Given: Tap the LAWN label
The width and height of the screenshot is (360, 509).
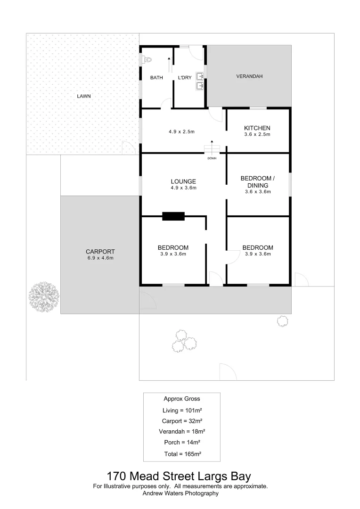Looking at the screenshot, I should (x=84, y=96).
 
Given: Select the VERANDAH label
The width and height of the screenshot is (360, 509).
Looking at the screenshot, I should (x=249, y=76).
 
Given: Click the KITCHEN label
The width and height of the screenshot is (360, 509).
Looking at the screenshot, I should (x=257, y=128).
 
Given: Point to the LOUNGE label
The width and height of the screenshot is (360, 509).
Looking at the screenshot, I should (x=183, y=181).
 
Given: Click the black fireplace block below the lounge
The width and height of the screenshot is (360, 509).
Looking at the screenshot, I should (x=173, y=216).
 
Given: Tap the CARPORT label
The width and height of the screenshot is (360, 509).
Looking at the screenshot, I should (x=100, y=252).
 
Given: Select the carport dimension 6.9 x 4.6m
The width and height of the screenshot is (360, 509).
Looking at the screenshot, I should (x=100, y=258).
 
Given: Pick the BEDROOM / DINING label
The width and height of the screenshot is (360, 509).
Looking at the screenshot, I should (x=257, y=181).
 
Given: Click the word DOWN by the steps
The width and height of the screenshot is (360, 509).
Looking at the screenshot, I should (x=212, y=158).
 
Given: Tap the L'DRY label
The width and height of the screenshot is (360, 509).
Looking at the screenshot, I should (x=185, y=78).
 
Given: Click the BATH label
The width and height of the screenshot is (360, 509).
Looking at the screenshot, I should (x=156, y=78).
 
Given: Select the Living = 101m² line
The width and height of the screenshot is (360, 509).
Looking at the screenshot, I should (x=181, y=410).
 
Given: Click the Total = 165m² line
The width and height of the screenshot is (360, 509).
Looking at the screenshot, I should (x=181, y=454).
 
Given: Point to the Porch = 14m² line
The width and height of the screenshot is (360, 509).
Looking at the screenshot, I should (x=181, y=443).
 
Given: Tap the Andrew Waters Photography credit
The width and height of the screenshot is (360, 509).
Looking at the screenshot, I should (x=181, y=493).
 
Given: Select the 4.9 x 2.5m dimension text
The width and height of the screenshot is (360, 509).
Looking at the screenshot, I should (x=181, y=131).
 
